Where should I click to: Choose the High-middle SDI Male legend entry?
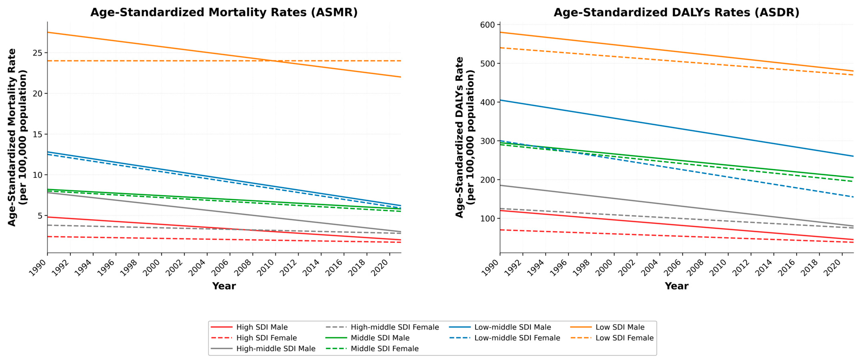tap(263, 348)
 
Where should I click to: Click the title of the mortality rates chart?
tap(224, 12)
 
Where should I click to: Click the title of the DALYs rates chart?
tap(676, 12)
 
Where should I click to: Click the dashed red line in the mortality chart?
tap(224, 239)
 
